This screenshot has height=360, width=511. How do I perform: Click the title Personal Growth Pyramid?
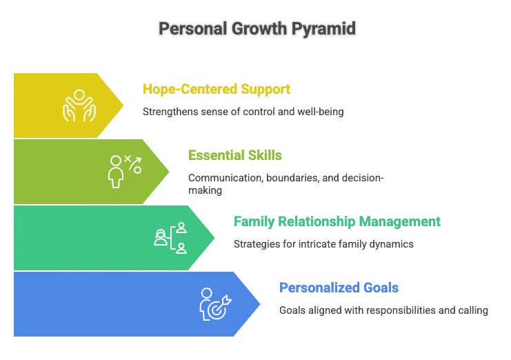point(257,29)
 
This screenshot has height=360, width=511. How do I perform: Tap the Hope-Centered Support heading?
point(217,89)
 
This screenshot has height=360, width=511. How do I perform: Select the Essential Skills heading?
point(235,155)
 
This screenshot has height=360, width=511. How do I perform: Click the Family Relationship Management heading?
point(337,221)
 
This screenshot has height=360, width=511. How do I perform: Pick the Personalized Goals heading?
point(339,288)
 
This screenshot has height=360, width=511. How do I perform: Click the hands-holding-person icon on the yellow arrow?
point(79,106)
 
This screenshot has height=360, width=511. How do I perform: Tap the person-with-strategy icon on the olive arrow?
point(125,171)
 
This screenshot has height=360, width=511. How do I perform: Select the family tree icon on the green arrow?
point(170,238)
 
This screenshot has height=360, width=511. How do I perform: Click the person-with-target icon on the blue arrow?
point(215,304)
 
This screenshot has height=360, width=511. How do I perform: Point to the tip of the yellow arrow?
point(123,106)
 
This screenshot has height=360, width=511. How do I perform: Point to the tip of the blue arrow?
point(260,304)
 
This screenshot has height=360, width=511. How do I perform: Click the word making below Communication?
point(205,190)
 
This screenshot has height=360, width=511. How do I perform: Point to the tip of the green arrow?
point(214,238)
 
